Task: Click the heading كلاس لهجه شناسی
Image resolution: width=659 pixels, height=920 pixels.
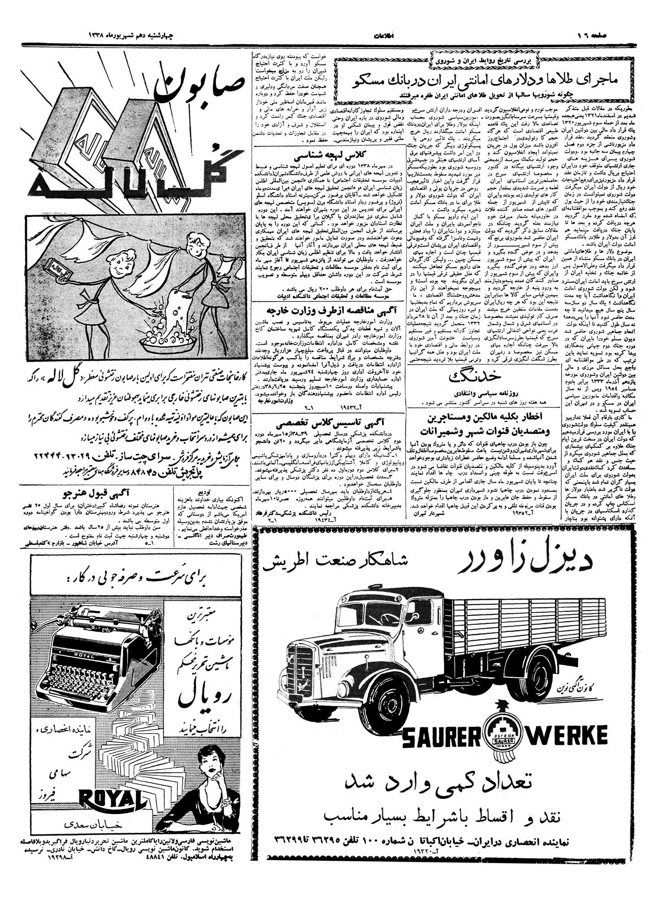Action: pyautogui.click(x=328, y=158)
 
